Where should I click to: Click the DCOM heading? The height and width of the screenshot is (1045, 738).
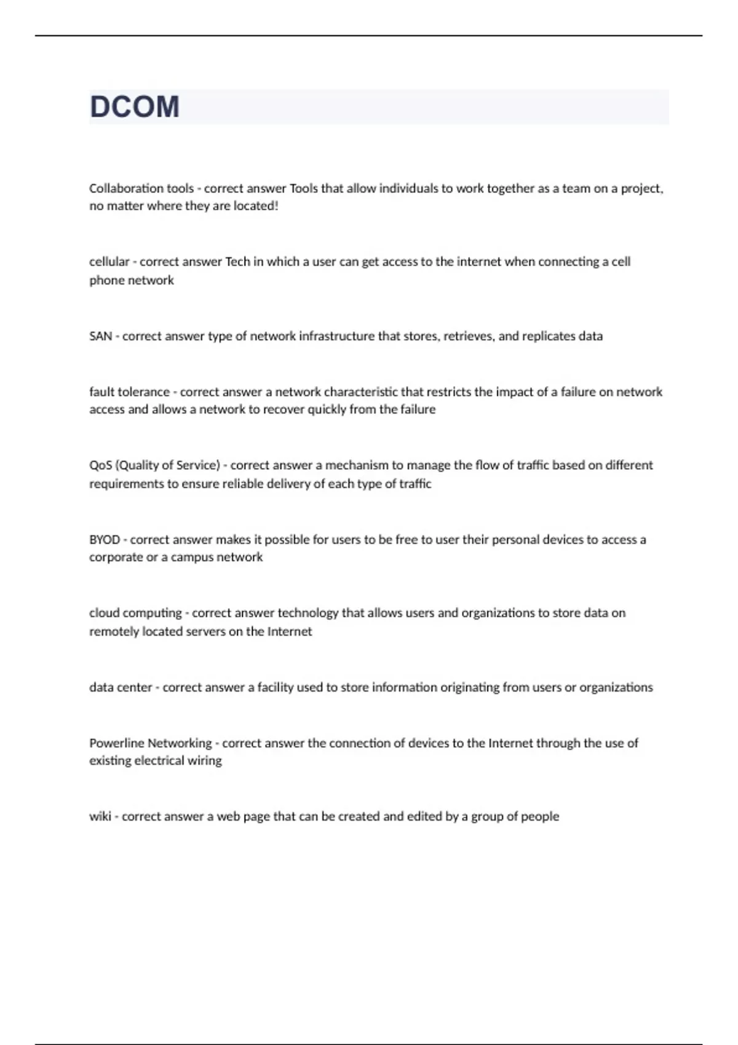[135, 107]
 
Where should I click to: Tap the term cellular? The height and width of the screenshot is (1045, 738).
[109, 262]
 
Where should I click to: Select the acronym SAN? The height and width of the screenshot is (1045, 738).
[100, 336]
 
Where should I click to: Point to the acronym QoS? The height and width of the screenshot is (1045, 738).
[100, 465]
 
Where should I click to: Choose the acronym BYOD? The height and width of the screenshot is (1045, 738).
[105, 540]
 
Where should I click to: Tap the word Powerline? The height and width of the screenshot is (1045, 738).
[116, 743]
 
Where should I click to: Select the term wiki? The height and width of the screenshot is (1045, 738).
[100, 816]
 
